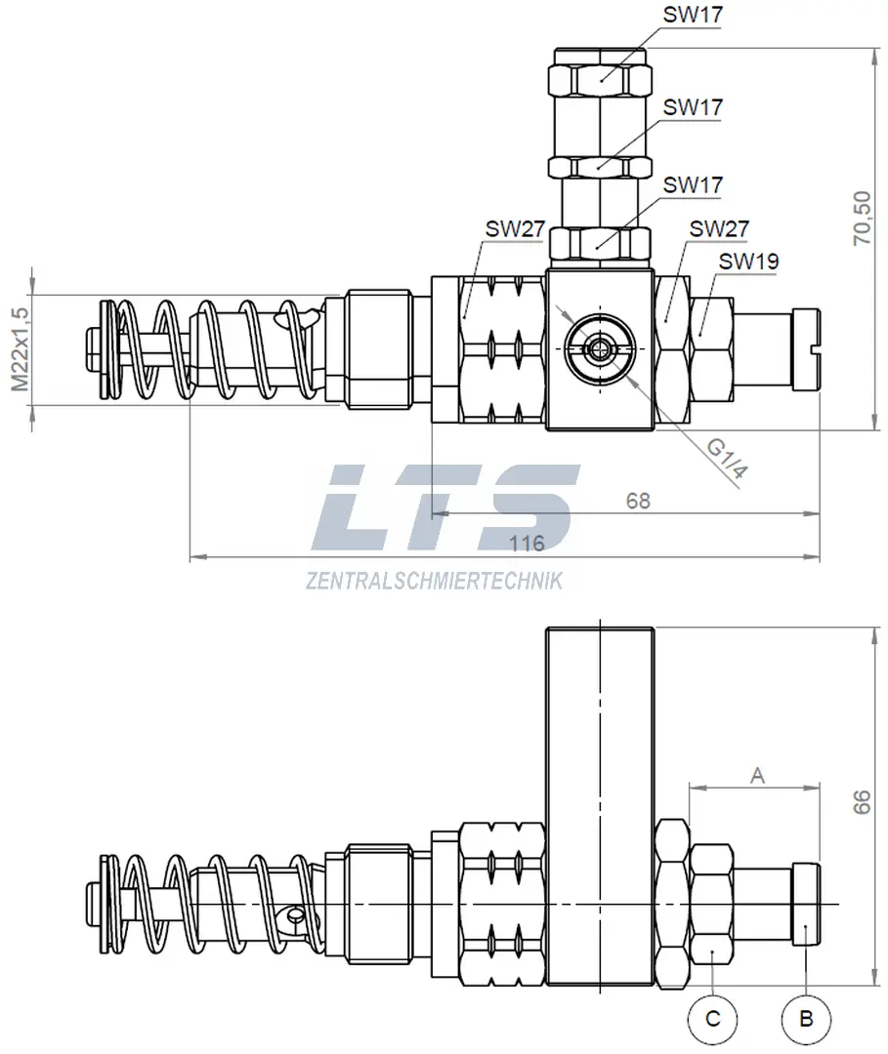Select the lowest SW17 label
click(x=693, y=183)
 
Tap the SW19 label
click(x=748, y=262)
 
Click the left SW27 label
click(x=515, y=229)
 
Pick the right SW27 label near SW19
click(x=719, y=228)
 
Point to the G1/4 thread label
click(x=728, y=460)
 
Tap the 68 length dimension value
click(x=638, y=501)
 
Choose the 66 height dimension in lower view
click(x=861, y=802)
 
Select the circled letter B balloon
click(x=806, y=1019)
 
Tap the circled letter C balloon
click(x=713, y=1019)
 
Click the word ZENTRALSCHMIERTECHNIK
click(x=434, y=582)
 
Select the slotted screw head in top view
click(x=809, y=349)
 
